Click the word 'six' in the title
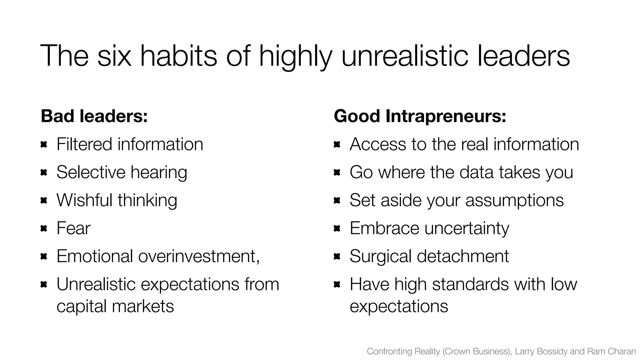114,56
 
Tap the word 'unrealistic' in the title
405,56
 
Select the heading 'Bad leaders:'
94,116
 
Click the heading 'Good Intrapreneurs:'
420,116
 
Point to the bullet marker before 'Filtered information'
44,144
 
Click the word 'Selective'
91,172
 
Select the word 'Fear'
73,228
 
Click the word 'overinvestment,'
199,256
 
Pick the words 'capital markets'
115,306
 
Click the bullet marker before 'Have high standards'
337,284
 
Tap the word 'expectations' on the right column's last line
399,306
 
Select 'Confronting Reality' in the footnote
403,351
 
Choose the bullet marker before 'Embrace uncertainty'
337,228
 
